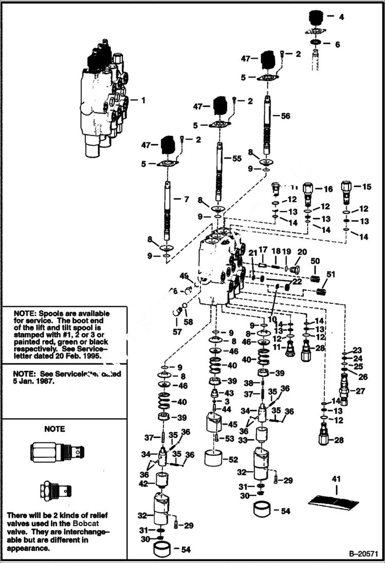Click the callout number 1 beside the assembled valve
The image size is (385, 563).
(x=143, y=101)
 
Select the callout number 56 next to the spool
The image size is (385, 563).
(x=285, y=116)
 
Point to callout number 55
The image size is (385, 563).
(x=236, y=159)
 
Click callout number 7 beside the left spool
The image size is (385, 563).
(x=187, y=198)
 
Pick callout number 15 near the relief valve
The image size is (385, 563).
(x=366, y=187)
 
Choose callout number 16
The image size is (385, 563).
(x=328, y=189)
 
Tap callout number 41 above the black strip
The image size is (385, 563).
(x=336, y=479)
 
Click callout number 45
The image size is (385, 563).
(x=232, y=424)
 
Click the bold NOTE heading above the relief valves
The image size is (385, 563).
(x=54, y=429)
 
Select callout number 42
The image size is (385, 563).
(x=144, y=483)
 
